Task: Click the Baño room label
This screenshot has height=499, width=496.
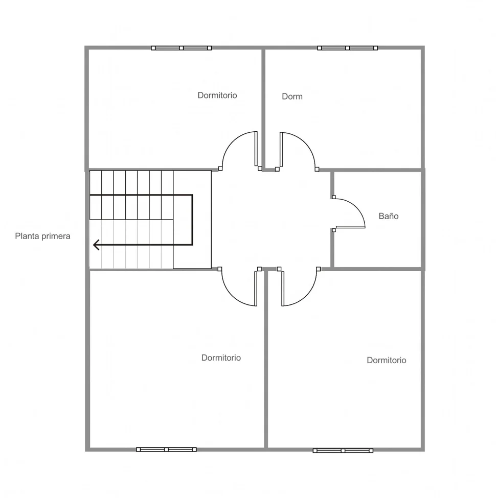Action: click(x=388, y=216)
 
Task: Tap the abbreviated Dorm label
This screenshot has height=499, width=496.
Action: click(x=292, y=97)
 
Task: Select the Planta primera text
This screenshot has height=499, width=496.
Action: click(x=42, y=236)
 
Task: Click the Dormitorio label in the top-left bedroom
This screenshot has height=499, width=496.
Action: click(x=217, y=95)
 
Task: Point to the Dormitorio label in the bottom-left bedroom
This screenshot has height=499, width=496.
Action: click(x=221, y=358)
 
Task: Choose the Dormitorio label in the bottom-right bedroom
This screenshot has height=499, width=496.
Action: click(x=387, y=360)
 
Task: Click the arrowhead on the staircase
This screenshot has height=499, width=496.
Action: click(x=96, y=245)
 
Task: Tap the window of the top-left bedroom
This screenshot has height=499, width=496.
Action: click(x=181, y=48)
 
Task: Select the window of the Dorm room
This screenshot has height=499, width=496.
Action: click(x=348, y=48)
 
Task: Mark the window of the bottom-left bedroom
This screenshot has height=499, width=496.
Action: click(x=166, y=449)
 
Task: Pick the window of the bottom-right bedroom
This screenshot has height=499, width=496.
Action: click(x=343, y=450)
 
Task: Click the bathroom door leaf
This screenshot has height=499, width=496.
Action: click(x=350, y=227)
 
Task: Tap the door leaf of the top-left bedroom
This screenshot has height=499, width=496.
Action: click(x=256, y=149)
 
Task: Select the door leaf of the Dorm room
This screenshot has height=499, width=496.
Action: click(x=281, y=149)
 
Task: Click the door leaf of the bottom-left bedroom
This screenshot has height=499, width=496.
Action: click(x=256, y=289)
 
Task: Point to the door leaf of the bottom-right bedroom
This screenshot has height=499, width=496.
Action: click(x=283, y=289)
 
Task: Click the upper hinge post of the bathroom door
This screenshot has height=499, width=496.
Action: click(x=333, y=197)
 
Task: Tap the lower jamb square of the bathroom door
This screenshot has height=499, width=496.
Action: click(x=333, y=230)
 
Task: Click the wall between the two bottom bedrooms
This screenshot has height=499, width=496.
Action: click(x=266, y=360)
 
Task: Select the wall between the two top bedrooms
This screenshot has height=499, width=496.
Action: click(x=263, y=108)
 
